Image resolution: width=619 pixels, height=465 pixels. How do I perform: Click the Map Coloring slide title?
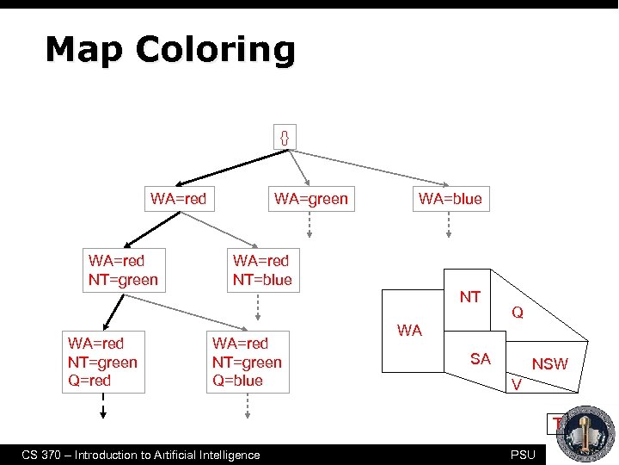click(170, 50)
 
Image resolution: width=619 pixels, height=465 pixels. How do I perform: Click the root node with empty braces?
click(285, 136)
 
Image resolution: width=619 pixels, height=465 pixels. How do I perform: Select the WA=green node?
click(310, 199)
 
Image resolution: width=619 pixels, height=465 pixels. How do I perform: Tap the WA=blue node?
click(450, 199)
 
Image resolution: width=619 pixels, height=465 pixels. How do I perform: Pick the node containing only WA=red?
click(178, 199)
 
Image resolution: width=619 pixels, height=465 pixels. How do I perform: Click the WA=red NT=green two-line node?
click(123, 270)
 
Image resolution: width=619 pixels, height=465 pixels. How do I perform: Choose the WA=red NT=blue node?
click(262, 270)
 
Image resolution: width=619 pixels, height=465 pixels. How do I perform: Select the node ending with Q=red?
click(102, 362)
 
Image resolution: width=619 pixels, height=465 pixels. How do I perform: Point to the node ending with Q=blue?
click(247, 362)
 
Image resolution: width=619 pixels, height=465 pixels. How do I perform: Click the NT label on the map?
click(469, 297)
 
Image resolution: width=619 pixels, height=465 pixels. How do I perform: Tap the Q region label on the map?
click(518, 313)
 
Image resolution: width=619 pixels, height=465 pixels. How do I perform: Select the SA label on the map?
click(480, 358)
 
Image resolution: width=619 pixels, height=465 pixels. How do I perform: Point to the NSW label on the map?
click(549, 364)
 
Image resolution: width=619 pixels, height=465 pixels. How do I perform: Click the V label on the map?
click(516, 384)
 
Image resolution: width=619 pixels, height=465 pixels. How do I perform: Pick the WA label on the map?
click(409, 330)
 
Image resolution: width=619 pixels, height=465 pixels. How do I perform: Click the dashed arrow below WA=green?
click(310, 225)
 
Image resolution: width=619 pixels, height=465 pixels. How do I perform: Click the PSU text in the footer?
click(522, 455)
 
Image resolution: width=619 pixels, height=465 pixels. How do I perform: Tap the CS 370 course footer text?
click(140, 455)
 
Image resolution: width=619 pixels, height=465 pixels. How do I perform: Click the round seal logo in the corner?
click(586, 433)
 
